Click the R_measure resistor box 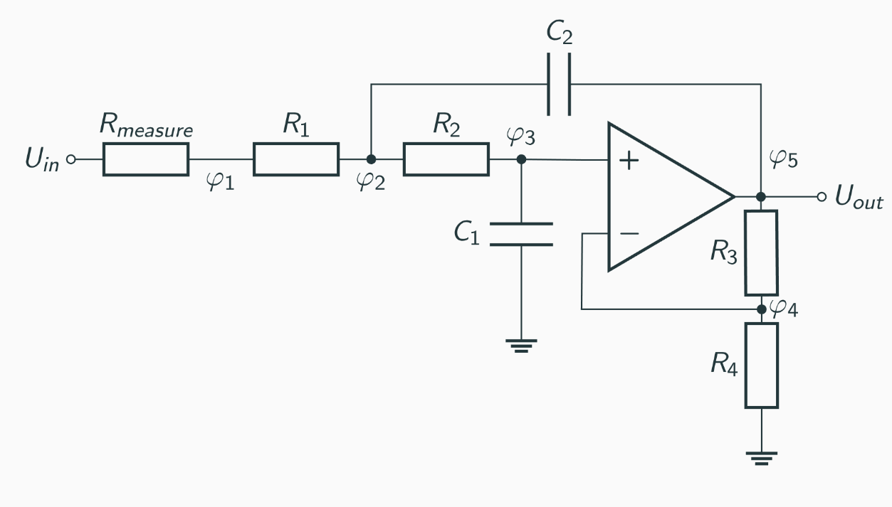tap(146, 159)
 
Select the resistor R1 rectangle tap(295, 159)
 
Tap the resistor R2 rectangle tap(446, 159)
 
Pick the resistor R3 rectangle tap(761, 252)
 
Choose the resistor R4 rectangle tap(761, 365)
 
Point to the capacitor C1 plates tap(521, 234)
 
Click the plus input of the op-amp tap(628, 160)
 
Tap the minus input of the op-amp tap(628, 233)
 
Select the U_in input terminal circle tap(70, 159)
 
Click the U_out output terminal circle tap(822, 197)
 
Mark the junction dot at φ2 tap(371, 159)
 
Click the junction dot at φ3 tap(521, 159)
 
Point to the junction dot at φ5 tap(761, 196)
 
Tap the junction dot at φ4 tap(761, 309)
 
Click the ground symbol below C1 tap(521, 346)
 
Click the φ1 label tap(220, 183)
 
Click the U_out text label tap(859, 198)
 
